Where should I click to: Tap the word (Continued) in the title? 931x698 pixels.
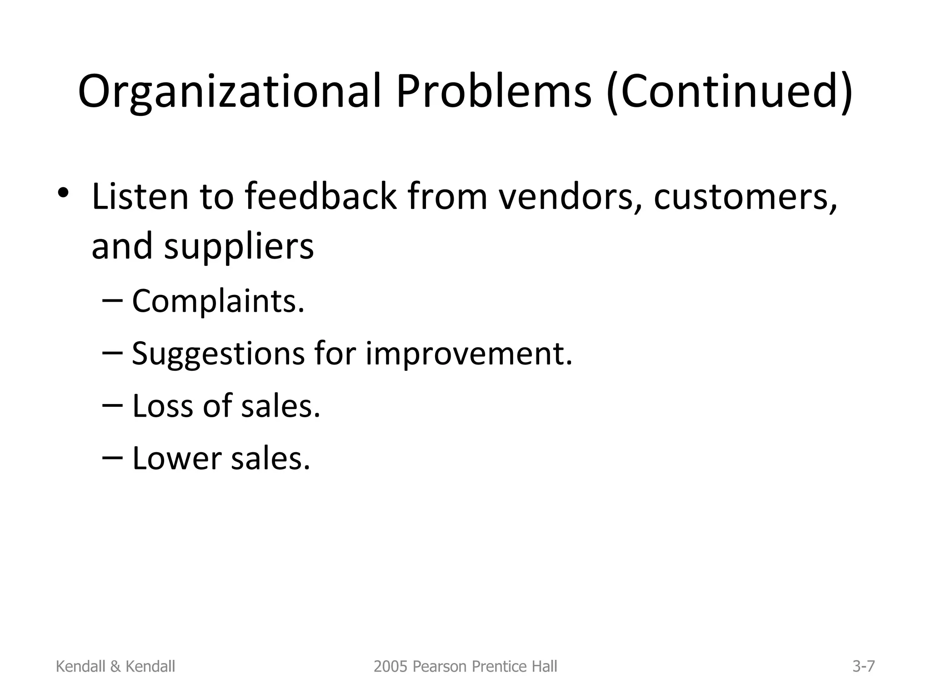729,92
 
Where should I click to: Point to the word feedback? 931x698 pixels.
320,196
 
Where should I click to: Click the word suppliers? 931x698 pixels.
239,247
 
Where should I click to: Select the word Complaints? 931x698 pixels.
218,301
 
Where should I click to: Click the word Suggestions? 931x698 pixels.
218,354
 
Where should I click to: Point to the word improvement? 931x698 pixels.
468,354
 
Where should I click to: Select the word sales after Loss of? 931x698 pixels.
280,405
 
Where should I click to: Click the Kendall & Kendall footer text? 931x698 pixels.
115,667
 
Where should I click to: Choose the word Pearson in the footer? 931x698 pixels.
440,667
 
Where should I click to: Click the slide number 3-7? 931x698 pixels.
863,667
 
